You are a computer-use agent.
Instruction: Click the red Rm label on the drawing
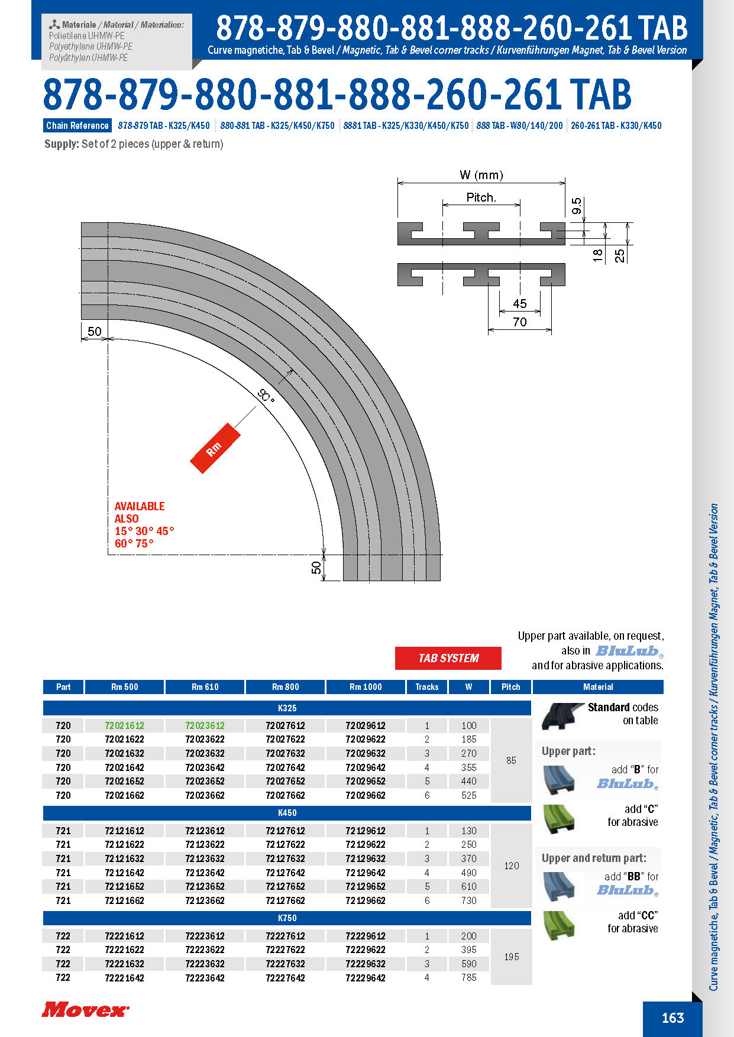(215, 448)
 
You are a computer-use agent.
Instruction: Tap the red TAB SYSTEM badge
(448, 658)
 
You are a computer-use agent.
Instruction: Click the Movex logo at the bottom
(85, 1009)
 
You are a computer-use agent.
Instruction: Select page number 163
(672, 1017)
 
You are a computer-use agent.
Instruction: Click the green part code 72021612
(124, 725)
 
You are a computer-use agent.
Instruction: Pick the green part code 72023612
(205, 725)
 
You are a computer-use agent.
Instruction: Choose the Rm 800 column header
(285, 687)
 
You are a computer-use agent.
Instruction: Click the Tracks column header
(426, 687)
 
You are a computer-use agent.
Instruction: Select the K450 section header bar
(287, 813)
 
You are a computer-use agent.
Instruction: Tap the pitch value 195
(511, 957)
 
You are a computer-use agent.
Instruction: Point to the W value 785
(468, 978)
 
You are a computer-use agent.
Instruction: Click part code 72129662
(366, 900)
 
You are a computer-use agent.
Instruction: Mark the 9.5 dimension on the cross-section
(577, 206)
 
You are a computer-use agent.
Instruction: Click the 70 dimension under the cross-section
(519, 322)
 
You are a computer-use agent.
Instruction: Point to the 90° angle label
(267, 396)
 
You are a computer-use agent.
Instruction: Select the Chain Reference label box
(77, 125)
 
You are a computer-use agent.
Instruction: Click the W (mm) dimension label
(481, 175)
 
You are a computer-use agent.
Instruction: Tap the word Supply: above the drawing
(62, 144)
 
